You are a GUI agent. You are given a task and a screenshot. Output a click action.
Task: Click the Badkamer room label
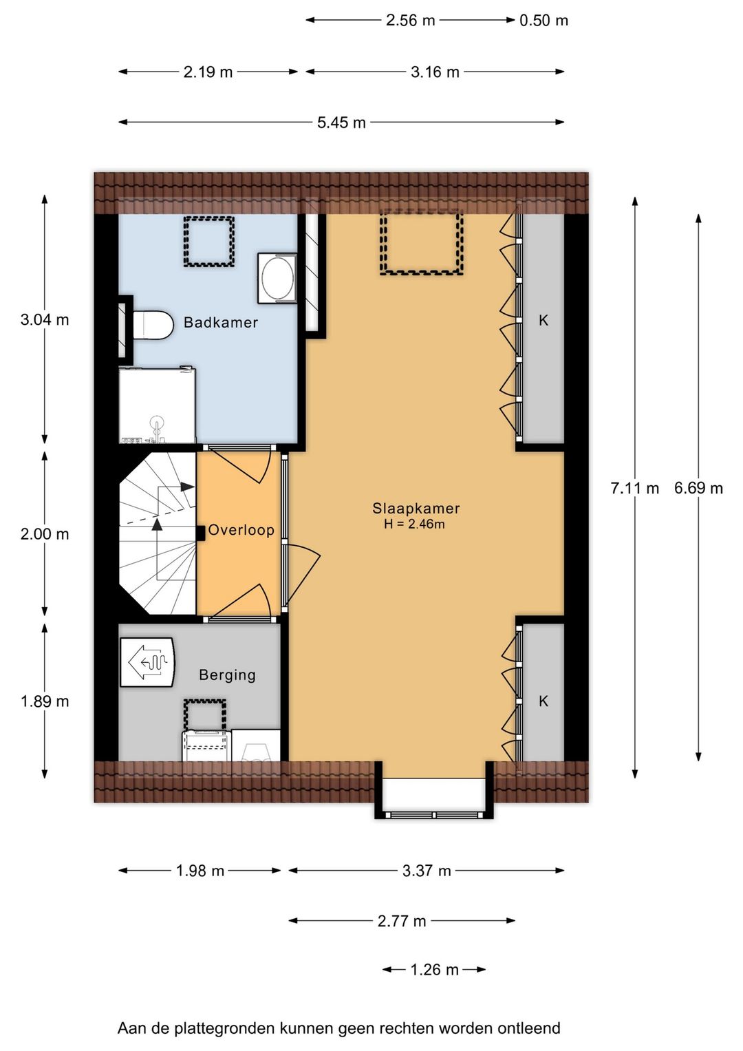(220, 322)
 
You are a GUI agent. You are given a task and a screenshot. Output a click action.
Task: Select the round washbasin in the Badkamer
(277, 279)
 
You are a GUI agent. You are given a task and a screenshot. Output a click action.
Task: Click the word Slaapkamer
(416, 508)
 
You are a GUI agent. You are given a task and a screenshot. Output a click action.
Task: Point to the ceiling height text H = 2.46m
(414, 524)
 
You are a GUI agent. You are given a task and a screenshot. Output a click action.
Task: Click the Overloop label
(241, 530)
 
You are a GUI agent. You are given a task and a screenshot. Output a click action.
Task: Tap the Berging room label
(228, 675)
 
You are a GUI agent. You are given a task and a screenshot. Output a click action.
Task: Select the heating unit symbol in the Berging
(147, 661)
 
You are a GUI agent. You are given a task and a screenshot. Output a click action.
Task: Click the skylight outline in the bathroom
(208, 242)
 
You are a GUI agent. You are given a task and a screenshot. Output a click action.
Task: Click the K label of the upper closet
(543, 321)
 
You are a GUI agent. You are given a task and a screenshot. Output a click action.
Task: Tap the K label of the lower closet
(543, 701)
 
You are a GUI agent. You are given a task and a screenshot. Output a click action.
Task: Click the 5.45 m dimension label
(341, 123)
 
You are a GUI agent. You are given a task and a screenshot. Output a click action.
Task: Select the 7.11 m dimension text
(634, 489)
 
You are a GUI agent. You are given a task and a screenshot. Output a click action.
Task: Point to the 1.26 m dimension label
(434, 970)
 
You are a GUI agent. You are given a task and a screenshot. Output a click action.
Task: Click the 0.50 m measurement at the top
(543, 21)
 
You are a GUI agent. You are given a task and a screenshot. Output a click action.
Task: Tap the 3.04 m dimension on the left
(45, 320)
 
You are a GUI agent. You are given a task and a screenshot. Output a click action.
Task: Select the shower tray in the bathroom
(157, 405)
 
